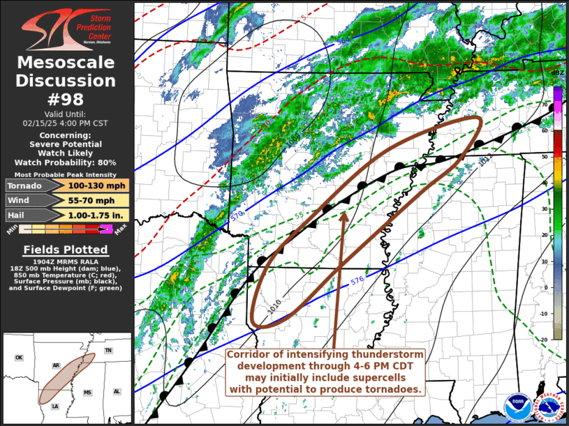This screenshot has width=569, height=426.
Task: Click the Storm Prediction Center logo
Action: [x=66, y=29]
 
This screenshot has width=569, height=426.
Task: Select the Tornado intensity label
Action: [x=24, y=185]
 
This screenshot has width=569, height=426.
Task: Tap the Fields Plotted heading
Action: [x=66, y=249]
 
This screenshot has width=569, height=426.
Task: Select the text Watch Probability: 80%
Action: [x=66, y=162]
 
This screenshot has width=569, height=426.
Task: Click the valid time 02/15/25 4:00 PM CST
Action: [x=66, y=122]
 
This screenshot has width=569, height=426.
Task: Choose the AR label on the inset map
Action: [x=56, y=365]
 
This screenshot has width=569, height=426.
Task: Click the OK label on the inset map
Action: [x=19, y=358]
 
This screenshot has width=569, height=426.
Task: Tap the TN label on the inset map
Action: [x=108, y=350]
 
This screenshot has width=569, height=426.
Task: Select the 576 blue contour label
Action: [x=357, y=282]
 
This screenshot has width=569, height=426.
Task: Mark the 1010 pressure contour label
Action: [x=272, y=307]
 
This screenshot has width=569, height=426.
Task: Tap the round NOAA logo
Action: [x=517, y=406]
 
